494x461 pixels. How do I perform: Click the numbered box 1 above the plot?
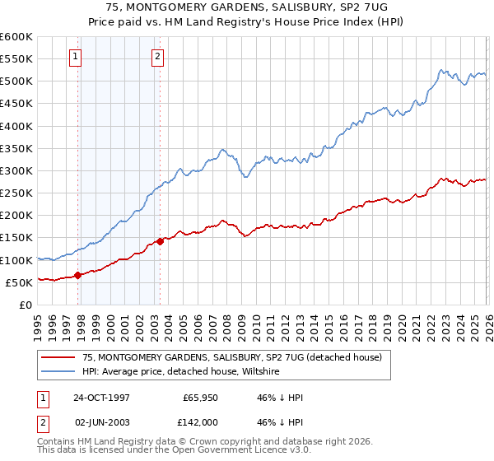(75, 57)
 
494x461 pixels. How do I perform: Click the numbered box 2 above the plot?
(156, 57)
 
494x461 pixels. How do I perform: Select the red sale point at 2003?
(160, 241)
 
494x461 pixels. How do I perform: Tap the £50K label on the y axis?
(19, 282)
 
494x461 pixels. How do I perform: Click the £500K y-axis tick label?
(16, 81)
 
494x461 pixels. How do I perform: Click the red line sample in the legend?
(59, 358)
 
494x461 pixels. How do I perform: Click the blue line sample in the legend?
(59, 372)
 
